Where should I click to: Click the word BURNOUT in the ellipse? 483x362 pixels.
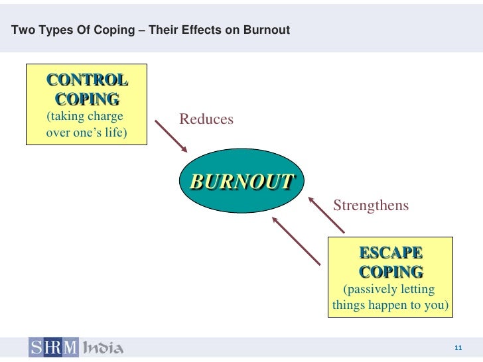(x=241, y=181)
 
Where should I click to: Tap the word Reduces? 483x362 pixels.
(x=206, y=119)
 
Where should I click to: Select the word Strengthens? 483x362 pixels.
(x=371, y=206)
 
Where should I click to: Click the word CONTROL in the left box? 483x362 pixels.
(x=87, y=80)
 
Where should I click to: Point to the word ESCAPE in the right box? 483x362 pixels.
(x=390, y=253)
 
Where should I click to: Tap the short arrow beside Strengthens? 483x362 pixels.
(x=327, y=213)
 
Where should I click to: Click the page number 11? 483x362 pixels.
(x=458, y=349)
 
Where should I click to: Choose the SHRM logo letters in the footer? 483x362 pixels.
(x=52, y=347)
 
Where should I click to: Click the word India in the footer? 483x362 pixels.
(x=103, y=347)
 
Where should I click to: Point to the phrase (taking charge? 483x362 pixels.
(x=85, y=117)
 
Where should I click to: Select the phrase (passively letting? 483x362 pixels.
(x=389, y=290)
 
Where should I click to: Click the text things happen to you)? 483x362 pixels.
(x=390, y=306)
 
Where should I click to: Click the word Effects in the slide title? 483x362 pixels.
(x=197, y=30)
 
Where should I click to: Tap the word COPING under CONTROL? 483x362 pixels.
(x=87, y=99)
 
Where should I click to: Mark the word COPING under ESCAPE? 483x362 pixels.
(x=391, y=272)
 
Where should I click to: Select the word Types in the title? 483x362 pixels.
(x=55, y=30)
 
